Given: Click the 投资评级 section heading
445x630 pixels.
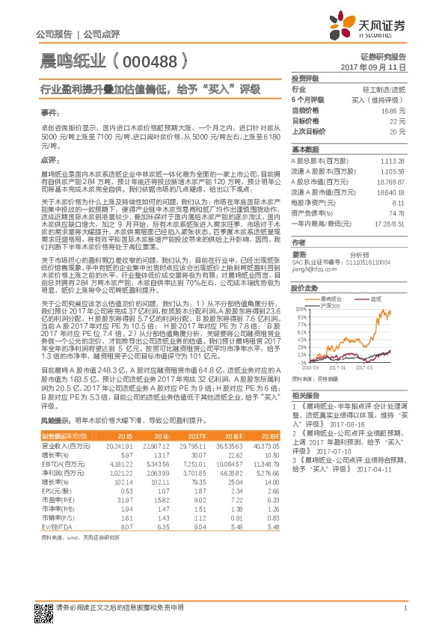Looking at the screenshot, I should click(x=305, y=78).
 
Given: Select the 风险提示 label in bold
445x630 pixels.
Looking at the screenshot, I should click(x=56, y=421).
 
